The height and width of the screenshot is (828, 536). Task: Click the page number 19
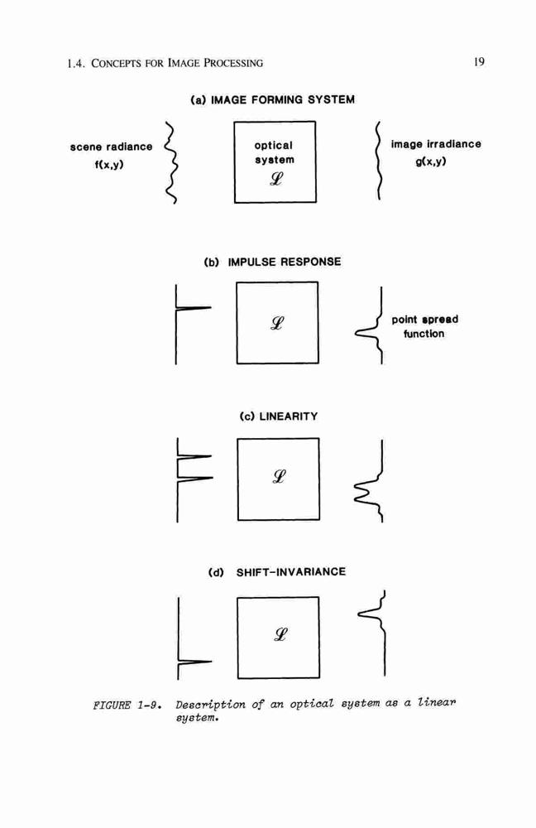point(478,62)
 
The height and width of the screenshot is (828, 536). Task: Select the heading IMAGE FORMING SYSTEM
point(283,100)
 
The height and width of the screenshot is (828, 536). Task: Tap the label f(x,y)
point(109,165)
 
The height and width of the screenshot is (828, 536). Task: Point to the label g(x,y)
point(430,161)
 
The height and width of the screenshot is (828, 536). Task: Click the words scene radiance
point(111,147)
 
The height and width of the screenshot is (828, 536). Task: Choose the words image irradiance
point(436,144)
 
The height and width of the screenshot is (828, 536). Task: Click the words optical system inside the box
point(275,152)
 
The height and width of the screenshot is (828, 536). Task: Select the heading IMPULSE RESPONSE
point(285,262)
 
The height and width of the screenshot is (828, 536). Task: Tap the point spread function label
point(424,326)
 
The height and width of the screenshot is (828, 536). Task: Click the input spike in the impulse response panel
point(193,308)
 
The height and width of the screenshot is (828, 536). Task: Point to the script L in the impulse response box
point(277,323)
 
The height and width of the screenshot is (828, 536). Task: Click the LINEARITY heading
point(289,416)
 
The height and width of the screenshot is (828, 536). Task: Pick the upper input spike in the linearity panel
point(194,456)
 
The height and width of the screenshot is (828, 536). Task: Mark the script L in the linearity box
point(279,477)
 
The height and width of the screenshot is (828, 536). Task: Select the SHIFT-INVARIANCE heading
point(290,572)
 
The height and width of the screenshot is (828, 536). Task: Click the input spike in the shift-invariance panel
point(194,662)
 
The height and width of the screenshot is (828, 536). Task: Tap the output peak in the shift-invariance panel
point(369,614)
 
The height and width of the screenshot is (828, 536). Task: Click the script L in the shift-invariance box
point(280,633)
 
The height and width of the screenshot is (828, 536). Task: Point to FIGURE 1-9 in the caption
point(127,705)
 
